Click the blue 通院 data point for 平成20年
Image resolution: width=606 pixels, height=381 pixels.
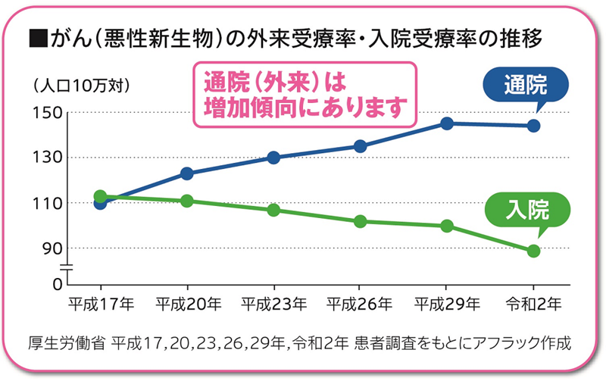[186, 173]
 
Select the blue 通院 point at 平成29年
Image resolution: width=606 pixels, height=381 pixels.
[446, 123]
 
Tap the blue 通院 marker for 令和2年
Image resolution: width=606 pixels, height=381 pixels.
[533, 126]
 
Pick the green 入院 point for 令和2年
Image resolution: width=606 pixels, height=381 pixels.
[533, 251]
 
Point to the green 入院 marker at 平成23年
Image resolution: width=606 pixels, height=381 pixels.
[273, 210]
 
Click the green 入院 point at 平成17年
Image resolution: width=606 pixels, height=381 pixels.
[100, 197]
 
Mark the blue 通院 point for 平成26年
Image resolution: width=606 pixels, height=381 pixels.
[360, 146]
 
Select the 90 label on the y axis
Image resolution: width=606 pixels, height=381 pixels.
[51, 248]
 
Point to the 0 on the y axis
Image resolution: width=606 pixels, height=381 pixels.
[56, 285]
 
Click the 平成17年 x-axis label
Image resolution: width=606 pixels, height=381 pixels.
[101, 304]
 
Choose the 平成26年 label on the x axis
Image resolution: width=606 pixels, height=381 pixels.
[360, 304]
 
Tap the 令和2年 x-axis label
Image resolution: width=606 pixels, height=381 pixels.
[533, 304]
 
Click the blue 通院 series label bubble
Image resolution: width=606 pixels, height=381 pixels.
[525, 86]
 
